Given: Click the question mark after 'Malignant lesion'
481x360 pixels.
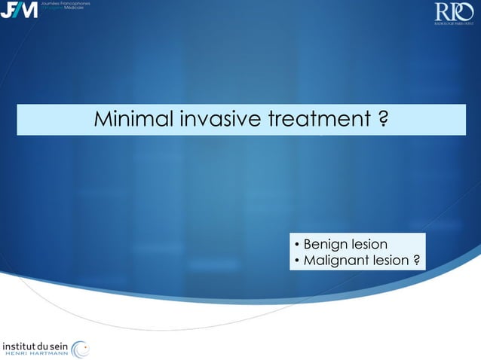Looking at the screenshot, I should [x=417, y=261].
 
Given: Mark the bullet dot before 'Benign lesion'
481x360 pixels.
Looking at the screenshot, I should [x=296, y=246].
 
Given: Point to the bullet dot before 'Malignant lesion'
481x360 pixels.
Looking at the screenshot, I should [x=296, y=261].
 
